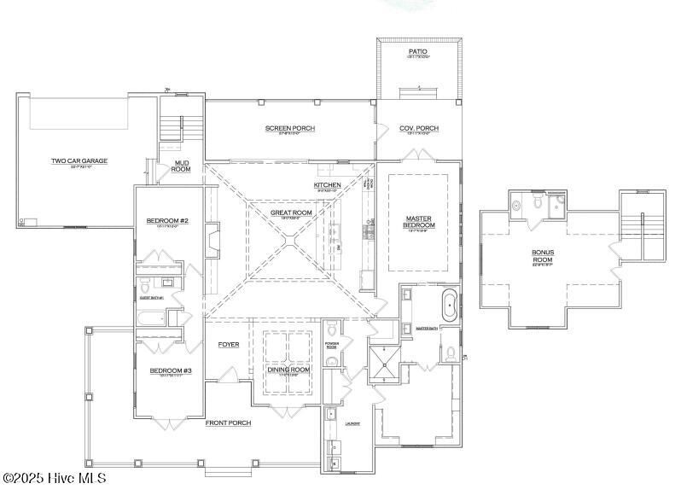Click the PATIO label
coord(417,52)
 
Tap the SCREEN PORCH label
coord(289,129)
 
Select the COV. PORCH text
coord(418,129)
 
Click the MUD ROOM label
coord(181,166)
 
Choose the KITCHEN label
coord(327,185)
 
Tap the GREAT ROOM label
coord(291,213)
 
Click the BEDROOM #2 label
coord(167,222)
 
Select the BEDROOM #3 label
coord(171,370)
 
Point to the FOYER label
coord(228,345)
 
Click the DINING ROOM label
coord(288,370)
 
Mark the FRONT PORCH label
coord(228,422)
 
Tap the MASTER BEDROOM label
coord(419,222)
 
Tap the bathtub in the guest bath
coord(151,319)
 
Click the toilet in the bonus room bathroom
coord(538,204)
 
